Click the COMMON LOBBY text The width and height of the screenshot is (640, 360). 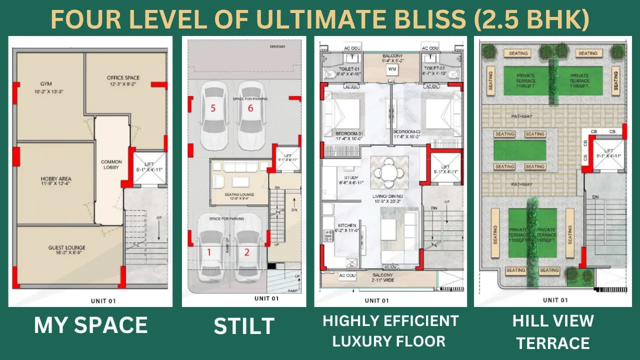111,165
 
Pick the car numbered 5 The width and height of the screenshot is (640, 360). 213,115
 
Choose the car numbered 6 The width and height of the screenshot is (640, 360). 250,115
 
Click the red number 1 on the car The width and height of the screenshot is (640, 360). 209,252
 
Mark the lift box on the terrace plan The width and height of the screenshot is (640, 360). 608,153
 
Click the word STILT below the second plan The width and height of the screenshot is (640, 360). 244,326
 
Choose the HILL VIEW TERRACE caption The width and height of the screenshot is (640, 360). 553,332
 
